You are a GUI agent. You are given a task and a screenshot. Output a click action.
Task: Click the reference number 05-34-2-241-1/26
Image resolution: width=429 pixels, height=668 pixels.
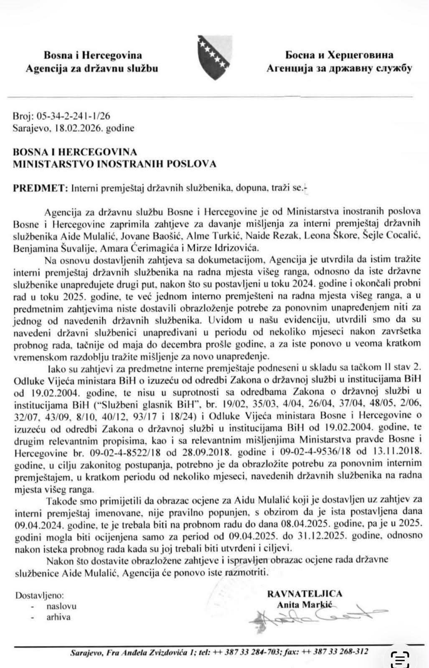pyautogui.click(x=74, y=116)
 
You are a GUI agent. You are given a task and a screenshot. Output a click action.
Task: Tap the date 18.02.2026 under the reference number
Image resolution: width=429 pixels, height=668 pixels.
pyautogui.click(x=77, y=128)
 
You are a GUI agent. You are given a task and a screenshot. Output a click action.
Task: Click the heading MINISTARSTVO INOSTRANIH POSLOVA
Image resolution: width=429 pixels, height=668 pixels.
pyautogui.click(x=115, y=164)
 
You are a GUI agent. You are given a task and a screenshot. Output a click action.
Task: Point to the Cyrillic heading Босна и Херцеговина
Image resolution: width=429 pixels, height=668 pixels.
pyautogui.click(x=339, y=55)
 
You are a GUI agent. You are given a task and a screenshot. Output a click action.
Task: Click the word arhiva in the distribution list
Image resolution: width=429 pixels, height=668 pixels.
pyautogui.click(x=58, y=617)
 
